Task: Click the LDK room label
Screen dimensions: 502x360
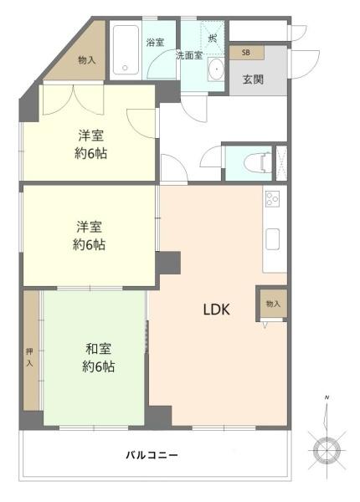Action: click(x=216, y=310)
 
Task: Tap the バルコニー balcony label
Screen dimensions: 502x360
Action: click(x=152, y=456)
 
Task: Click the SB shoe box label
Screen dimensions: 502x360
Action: click(x=246, y=53)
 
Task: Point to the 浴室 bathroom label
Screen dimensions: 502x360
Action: click(x=154, y=42)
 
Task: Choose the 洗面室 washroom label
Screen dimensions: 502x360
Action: click(x=188, y=55)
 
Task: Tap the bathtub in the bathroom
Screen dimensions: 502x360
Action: click(x=126, y=49)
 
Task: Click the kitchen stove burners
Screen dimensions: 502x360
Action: click(x=274, y=200)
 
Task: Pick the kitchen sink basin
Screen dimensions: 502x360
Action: click(x=274, y=239)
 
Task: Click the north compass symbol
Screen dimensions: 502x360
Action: click(x=327, y=449)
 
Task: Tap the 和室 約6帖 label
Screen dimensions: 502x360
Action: click(x=99, y=358)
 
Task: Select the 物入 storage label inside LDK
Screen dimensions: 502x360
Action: click(x=273, y=303)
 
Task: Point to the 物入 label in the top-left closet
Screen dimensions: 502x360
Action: click(x=85, y=59)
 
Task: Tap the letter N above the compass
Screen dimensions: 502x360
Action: click(x=327, y=397)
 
